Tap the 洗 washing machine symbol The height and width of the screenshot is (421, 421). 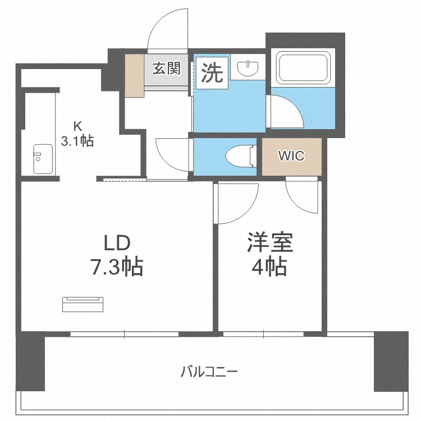click(212, 72)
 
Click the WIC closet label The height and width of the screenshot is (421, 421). click(292, 156)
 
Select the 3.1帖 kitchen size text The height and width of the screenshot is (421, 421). click(77, 140)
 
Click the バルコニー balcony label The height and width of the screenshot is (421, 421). click(209, 371)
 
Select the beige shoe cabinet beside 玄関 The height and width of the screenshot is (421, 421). click(134, 75)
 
